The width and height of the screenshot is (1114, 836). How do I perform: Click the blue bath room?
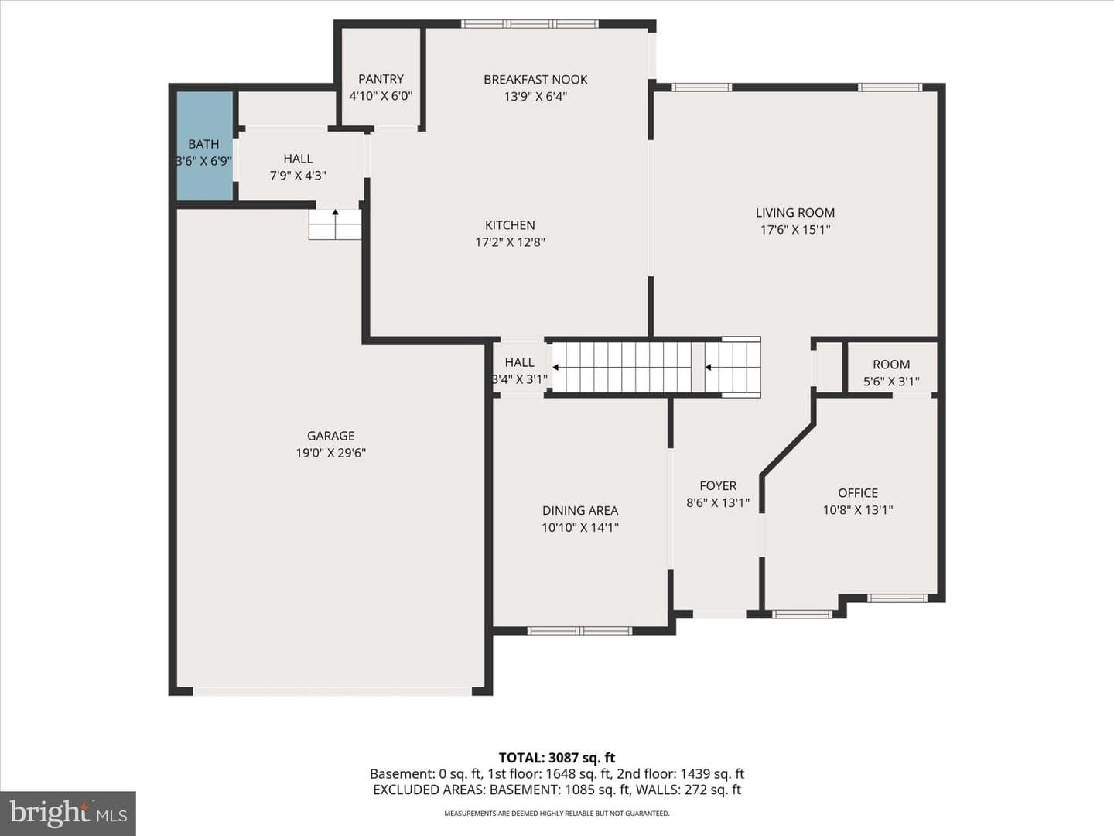click(204, 146)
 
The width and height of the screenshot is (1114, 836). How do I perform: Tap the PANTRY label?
click(381, 79)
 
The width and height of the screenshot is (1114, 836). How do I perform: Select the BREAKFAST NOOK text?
click(535, 80)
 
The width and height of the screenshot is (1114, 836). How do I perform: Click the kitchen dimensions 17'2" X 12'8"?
click(510, 242)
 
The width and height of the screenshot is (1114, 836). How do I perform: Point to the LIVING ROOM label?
click(795, 213)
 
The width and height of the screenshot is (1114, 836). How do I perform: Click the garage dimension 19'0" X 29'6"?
click(331, 453)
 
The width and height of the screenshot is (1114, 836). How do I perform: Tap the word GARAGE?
click(331, 436)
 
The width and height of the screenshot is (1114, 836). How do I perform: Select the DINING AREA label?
click(580, 511)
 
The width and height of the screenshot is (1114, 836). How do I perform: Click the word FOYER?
click(718, 486)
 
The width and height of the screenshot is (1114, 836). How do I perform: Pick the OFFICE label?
click(858, 493)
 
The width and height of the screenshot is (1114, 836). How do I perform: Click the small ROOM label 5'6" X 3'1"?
click(891, 372)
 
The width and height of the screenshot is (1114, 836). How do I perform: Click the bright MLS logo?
click(68, 813)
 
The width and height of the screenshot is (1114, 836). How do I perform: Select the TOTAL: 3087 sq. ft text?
click(557, 758)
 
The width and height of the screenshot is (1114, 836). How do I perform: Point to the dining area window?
click(579, 631)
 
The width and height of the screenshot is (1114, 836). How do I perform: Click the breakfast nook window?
click(529, 24)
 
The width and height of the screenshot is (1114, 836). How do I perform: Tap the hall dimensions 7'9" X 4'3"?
click(298, 176)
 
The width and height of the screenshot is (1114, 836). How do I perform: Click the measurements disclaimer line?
click(557, 814)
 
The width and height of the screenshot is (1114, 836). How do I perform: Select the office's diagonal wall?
click(788, 450)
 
